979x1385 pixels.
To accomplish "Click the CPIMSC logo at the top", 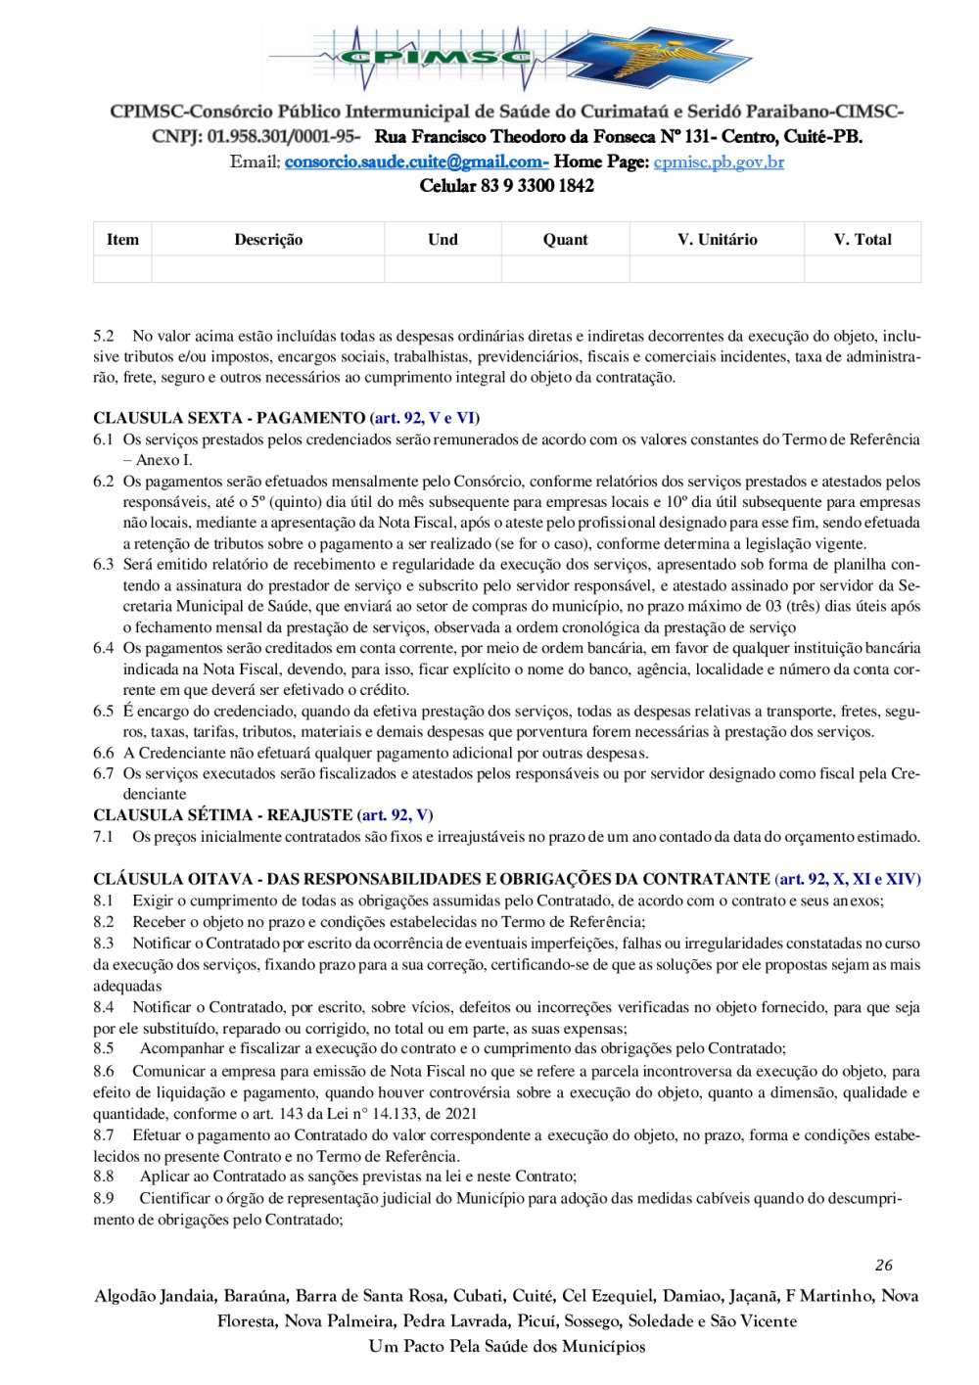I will (x=507, y=59).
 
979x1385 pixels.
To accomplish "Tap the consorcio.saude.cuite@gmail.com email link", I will (x=415, y=162).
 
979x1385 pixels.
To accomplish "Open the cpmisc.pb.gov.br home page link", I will (x=719, y=162).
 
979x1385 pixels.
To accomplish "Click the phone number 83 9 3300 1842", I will (x=536, y=186).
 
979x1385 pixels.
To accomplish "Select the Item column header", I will (x=122, y=240).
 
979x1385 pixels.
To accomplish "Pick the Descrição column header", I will (x=268, y=240).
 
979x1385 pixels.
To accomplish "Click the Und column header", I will (x=443, y=240).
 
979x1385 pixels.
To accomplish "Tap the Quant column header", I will (x=566, y=240).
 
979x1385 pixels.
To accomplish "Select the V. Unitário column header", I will (x=717, y=240).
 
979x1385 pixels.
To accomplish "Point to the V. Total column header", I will (x=862, y=240).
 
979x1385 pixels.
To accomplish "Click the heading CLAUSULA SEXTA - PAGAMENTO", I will (x=229, y=418).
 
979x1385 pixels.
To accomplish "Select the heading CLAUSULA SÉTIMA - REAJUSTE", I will (x=222, y=815).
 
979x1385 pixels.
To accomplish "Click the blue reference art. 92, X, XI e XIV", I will (x=848, y=879).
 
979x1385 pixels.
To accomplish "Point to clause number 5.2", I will (x=104, y=337).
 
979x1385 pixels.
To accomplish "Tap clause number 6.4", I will (x=104, y=648).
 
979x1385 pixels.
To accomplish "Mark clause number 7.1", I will (x=104, y=837).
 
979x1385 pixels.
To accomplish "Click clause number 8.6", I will (x=104, y=1072).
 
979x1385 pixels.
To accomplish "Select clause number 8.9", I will (x=104, y=1198).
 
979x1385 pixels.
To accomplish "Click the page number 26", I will (x=884, y=1266).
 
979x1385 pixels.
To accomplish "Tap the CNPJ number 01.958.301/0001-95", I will (x=283, y=137).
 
